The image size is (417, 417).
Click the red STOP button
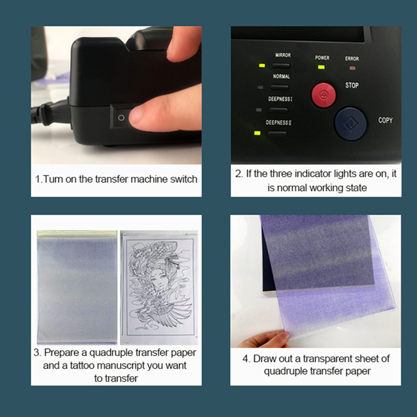(323, 95)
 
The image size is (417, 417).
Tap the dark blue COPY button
(350, 124)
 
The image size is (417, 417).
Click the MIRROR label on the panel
(283, 55)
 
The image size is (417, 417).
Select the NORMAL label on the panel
(281, 76)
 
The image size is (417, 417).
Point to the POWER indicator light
(321, 67)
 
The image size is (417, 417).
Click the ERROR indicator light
(352, 68)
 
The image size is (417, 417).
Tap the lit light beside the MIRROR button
(262, 65)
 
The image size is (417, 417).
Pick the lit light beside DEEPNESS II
(257, 133)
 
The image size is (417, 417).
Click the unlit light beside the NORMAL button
(261, 87)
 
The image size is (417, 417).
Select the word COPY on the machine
(385, 120)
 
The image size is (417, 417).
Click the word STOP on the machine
(352, 85)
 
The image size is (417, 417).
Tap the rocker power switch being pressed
(125, 117)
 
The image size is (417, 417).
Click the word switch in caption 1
(184, 179)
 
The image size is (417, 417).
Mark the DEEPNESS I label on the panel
(280, 99)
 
